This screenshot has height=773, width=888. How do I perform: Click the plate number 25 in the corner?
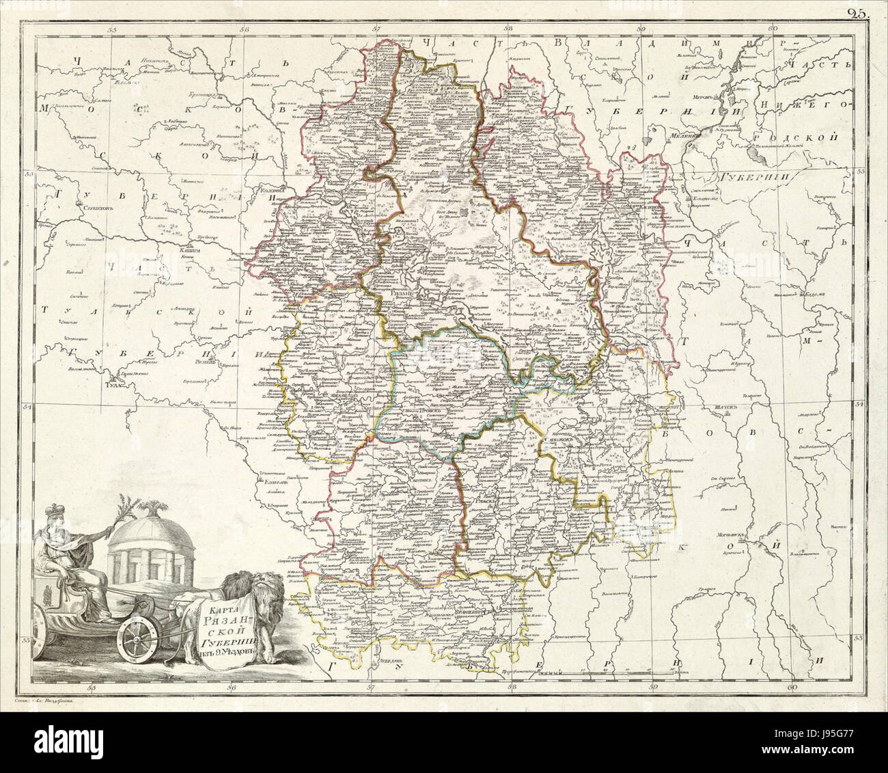856,12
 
